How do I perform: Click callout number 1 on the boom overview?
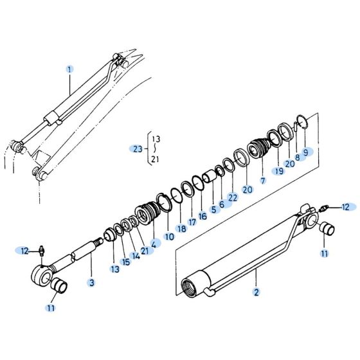[70, 68]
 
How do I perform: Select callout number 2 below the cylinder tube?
[256, 292]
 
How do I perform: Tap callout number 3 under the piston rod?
[92, 283]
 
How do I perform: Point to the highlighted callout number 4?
[154, 244]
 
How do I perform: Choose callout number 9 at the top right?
[308, 152]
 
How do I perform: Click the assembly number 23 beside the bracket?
[136, 149]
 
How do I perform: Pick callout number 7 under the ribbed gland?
[262, 181]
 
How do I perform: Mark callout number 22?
[233, 198]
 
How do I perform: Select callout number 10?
[170, 236]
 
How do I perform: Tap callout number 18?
[182, 228]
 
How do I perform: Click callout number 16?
[203, 217]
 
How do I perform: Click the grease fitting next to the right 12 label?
[326, 208]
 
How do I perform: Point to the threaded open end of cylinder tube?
[192, 283]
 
